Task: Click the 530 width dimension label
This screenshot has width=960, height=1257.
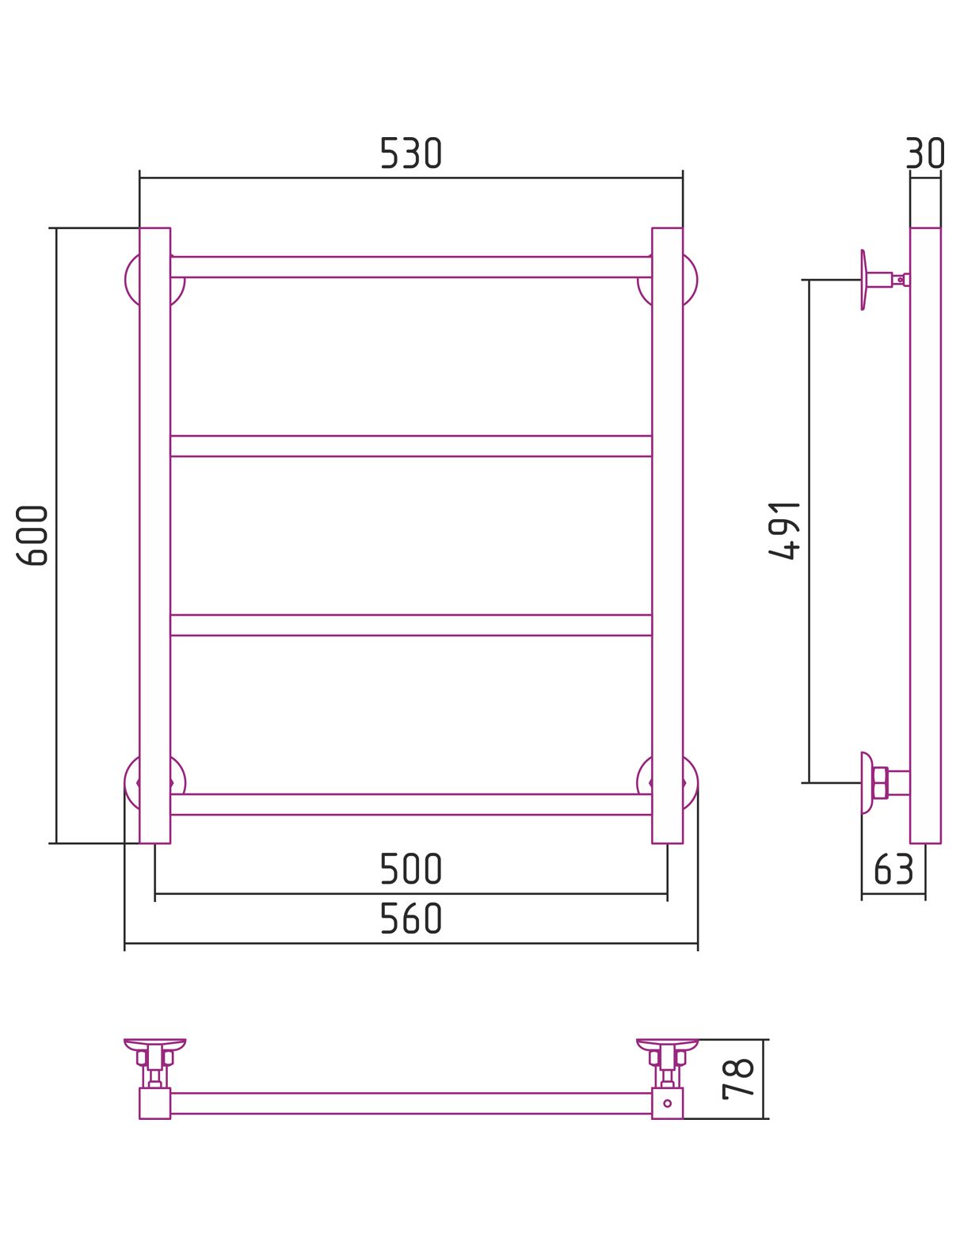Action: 411,153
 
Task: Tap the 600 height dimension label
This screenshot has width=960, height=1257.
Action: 32,536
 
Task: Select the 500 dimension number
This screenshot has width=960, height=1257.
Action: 411,869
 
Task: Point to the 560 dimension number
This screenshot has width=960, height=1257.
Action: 411,919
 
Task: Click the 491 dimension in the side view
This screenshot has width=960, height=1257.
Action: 784,530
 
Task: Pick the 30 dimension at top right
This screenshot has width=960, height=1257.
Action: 924,153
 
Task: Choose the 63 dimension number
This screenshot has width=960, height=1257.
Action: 893,869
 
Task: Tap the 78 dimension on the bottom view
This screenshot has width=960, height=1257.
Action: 738,1079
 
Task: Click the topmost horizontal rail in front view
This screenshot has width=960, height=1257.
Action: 411,267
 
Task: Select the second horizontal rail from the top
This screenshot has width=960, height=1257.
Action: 411,446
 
